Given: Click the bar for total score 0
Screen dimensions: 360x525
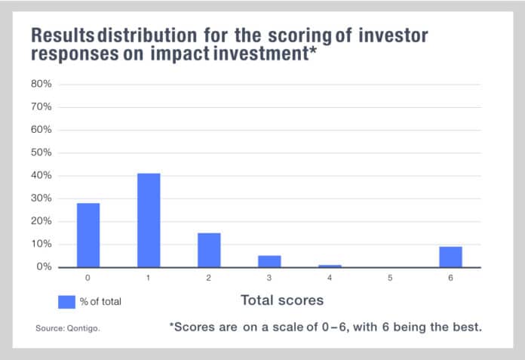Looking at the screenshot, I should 88,235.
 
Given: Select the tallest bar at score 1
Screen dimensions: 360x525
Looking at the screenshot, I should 149,220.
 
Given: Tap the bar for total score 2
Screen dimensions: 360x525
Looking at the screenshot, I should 209,250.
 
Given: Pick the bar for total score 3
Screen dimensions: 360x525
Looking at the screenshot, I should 269,261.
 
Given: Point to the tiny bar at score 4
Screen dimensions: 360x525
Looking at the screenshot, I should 330,266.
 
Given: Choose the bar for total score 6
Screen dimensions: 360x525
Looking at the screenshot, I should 450,257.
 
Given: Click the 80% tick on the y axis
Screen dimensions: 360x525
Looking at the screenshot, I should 41,84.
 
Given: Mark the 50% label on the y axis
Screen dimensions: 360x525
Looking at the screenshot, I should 41,152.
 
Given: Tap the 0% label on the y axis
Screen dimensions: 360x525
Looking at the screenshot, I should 44,267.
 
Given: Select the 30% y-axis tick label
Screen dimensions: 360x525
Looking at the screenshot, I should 41,198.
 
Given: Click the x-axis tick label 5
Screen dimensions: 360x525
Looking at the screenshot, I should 390,278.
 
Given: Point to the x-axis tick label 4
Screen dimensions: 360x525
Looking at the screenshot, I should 330,278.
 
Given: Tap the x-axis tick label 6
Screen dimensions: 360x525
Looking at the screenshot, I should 450,278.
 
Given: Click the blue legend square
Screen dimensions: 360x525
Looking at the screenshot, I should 66,301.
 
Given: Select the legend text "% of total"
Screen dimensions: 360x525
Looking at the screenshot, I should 100,302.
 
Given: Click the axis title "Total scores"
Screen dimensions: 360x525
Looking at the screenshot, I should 281,300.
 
